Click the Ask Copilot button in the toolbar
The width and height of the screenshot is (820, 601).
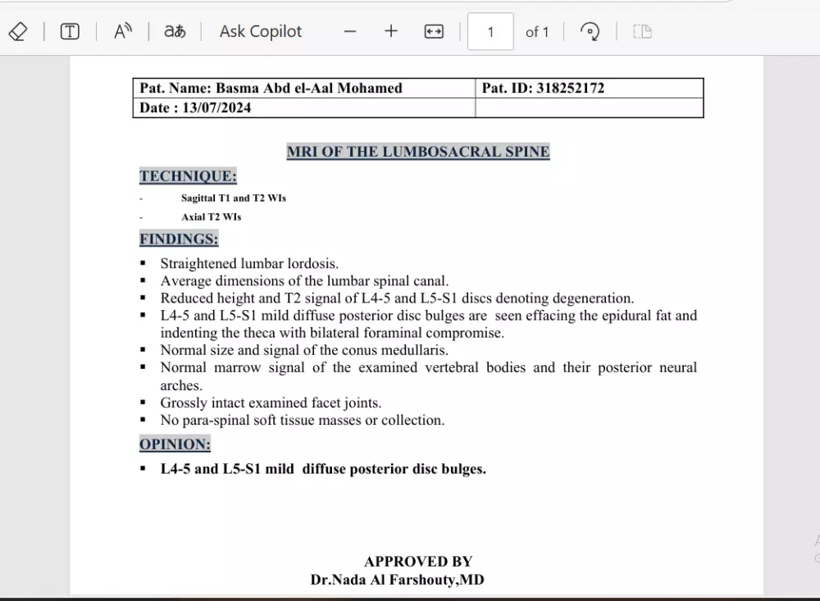[x=260, y=32]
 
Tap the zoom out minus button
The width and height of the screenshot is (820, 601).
[x=350, y=32]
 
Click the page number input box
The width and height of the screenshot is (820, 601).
[x=490, y=32]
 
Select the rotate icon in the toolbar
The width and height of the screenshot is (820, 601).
[x=589, y=32]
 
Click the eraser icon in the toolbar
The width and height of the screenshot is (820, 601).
[x=17, y=32]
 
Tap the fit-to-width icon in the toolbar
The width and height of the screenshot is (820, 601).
[x=434, y=32]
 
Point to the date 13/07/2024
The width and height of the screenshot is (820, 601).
[x=217, y=108]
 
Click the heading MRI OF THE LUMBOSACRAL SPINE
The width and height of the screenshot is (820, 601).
[x=418, y=152]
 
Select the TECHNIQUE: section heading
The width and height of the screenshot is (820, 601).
[x=188, y=176]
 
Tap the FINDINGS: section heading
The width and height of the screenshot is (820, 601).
[x=179, y=239]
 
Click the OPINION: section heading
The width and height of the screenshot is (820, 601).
[x=175, y=444]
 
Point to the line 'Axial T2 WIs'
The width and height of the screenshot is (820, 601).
[x=212, y=217]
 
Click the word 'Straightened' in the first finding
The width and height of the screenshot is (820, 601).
[x=199, y=264]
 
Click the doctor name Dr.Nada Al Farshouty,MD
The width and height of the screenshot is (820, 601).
[x=397, y=580]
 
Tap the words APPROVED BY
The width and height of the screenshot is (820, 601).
[x=418, y=562]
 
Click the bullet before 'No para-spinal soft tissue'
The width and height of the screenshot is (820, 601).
[x=143, y=420]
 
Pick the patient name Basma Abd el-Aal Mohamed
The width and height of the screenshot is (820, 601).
[x=308, y=89]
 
